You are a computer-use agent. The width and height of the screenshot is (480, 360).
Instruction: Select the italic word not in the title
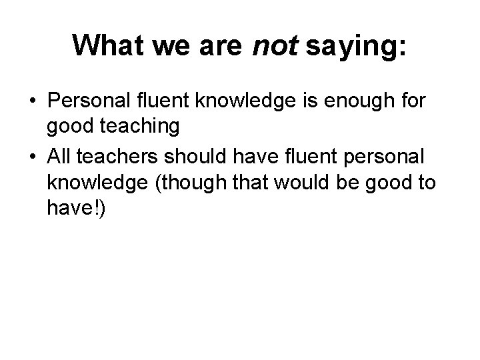275,45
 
